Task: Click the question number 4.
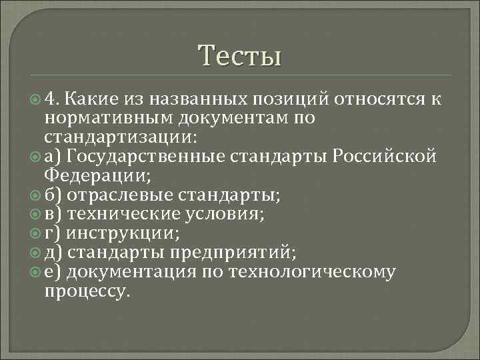pyautogui.click(x=53, y=99)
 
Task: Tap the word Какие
pyautogui.click(x=92, y=99)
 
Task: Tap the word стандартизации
pyautogui.click(x=118, y=137)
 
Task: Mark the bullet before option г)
pyautogui.click(x=35, y=234)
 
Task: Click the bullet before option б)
pyautogui.click(x=35, y=195)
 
